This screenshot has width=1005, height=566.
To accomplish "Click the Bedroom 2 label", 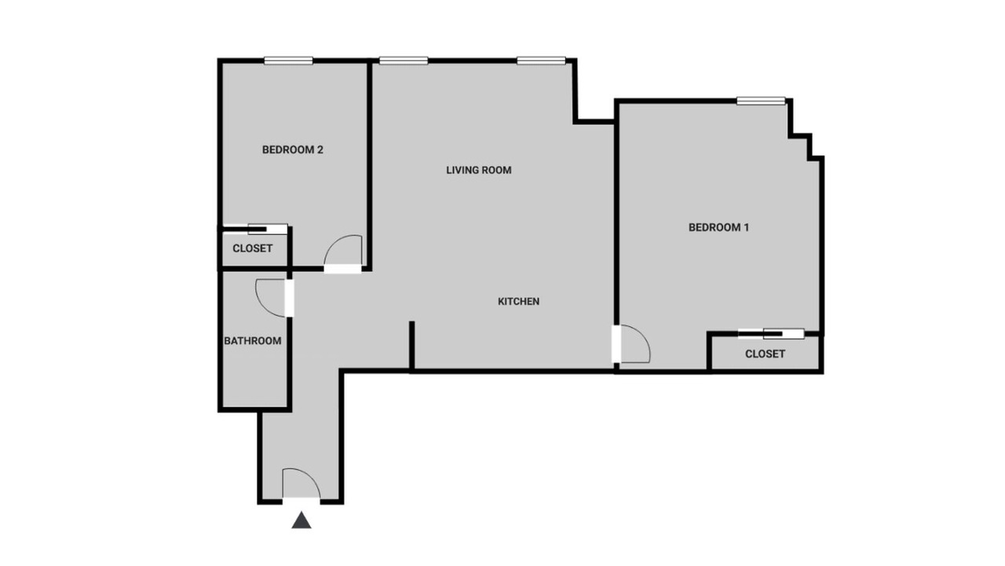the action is point(293,149).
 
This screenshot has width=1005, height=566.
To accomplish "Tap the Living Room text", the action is point(479,171).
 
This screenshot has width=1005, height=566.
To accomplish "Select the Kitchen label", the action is point(519,301).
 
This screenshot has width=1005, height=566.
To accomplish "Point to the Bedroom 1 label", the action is point(718,227).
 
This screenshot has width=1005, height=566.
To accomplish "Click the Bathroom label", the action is point(253,341).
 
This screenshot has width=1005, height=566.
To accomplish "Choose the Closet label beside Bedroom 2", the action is point(253,248).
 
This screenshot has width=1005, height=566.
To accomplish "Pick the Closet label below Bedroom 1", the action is point(765,354).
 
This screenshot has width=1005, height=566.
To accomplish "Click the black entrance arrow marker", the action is point(301,520).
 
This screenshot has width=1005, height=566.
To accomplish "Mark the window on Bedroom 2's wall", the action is point(288,61).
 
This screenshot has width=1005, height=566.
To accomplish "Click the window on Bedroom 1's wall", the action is point(761,101).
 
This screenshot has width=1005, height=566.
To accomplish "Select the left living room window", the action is point(404,61).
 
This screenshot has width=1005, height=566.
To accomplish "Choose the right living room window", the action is point(541,61).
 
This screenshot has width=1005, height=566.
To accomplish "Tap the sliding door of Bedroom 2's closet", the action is point(256,229).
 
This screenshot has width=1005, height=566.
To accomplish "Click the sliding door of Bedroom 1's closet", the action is point(771,334).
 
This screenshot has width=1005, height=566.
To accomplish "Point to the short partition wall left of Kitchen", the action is point(412,346).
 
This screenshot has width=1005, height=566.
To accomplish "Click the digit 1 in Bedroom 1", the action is point(746,227).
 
